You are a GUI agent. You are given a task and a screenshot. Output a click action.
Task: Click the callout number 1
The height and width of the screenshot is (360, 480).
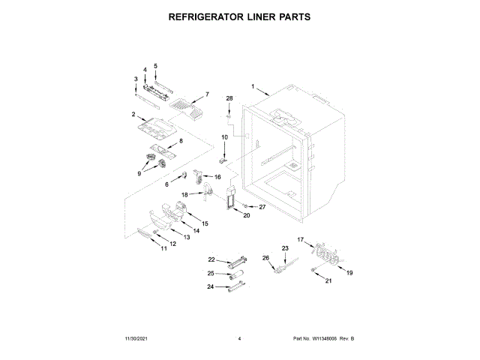click(253, 85)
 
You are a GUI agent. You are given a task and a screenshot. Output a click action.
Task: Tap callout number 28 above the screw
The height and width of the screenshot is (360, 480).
click(230, 98)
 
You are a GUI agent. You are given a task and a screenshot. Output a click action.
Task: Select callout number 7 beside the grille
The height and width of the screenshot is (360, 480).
click(207, 95)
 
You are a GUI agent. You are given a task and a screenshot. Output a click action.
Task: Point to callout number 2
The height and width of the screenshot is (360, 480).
click(133, 115)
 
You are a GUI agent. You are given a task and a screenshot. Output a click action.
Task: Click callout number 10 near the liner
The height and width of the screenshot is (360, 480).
click(223, 137)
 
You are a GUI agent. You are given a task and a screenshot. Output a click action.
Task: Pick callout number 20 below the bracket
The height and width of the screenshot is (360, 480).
click(246, 214)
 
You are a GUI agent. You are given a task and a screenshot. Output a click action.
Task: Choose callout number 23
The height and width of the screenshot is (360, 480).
click(285, 248)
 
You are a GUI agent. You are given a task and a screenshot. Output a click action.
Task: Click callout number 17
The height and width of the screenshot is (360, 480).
click(301, 239)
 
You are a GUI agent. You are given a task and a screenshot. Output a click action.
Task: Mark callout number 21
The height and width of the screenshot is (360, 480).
click(328, 281)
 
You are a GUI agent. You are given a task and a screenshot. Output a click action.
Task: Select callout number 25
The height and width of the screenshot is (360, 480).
click(211, 273)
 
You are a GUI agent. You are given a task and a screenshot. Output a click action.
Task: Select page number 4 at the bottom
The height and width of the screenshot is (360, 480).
click(239, 339)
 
